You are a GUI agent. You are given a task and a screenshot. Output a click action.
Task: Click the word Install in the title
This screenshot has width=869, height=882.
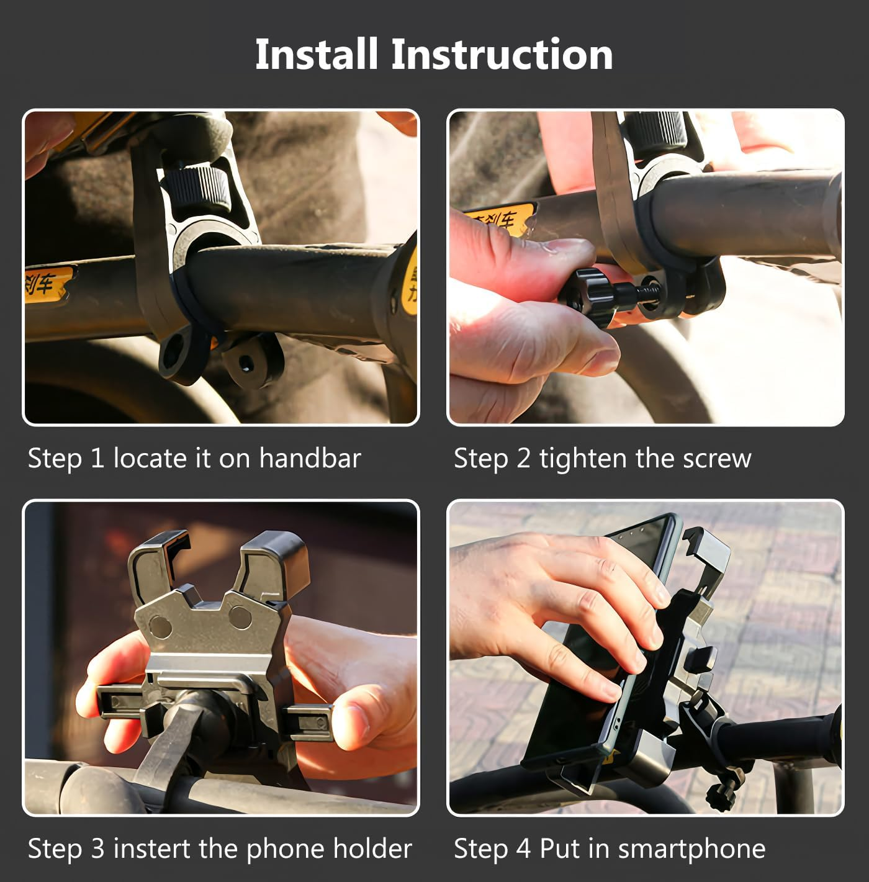click(x=316, y=54)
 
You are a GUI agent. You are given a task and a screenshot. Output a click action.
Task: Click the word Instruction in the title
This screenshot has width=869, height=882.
click(x=502, y=54)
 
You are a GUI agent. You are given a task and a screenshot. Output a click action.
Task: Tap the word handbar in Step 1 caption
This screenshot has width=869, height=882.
click(x=310, y=458)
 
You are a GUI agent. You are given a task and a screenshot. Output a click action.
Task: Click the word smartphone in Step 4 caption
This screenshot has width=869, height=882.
click(x=691, y=848)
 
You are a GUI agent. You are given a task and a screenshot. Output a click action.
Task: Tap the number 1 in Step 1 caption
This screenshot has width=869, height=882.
click(x=97, y=458)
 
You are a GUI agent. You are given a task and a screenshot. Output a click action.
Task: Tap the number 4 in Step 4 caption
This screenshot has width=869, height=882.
click(x=523, y=848)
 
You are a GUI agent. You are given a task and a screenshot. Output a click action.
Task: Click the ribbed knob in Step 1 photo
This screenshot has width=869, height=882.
click(x=197, y=186)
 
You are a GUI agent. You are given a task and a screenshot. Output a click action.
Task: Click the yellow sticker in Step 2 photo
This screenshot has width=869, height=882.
click(x=500, y=219)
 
